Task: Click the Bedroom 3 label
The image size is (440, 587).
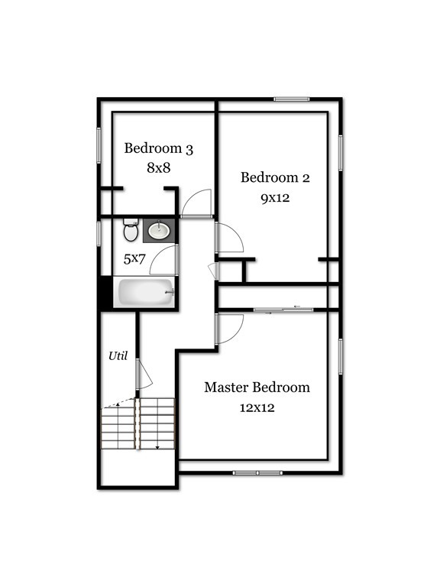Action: coord(159,148)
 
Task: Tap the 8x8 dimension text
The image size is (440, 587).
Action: coord(159,167)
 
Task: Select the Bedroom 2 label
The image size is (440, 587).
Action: coord(275,177)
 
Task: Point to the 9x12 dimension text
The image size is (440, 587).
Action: coord(275,198)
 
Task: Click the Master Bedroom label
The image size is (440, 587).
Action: coord(257,387)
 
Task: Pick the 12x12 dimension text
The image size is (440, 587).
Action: coord(257,407)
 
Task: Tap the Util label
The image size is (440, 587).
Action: coord(118,355)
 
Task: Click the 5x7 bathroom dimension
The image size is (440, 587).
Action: coord(134,258)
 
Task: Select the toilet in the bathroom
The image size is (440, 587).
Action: coord(131,230)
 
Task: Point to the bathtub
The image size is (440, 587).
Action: coord(146,292)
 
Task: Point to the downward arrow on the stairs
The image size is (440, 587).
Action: coord(157,446)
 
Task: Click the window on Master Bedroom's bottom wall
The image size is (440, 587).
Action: coord(257,473)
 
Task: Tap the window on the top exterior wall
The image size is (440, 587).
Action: coord(292,99)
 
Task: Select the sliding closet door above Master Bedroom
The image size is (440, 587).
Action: coord(283,310)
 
